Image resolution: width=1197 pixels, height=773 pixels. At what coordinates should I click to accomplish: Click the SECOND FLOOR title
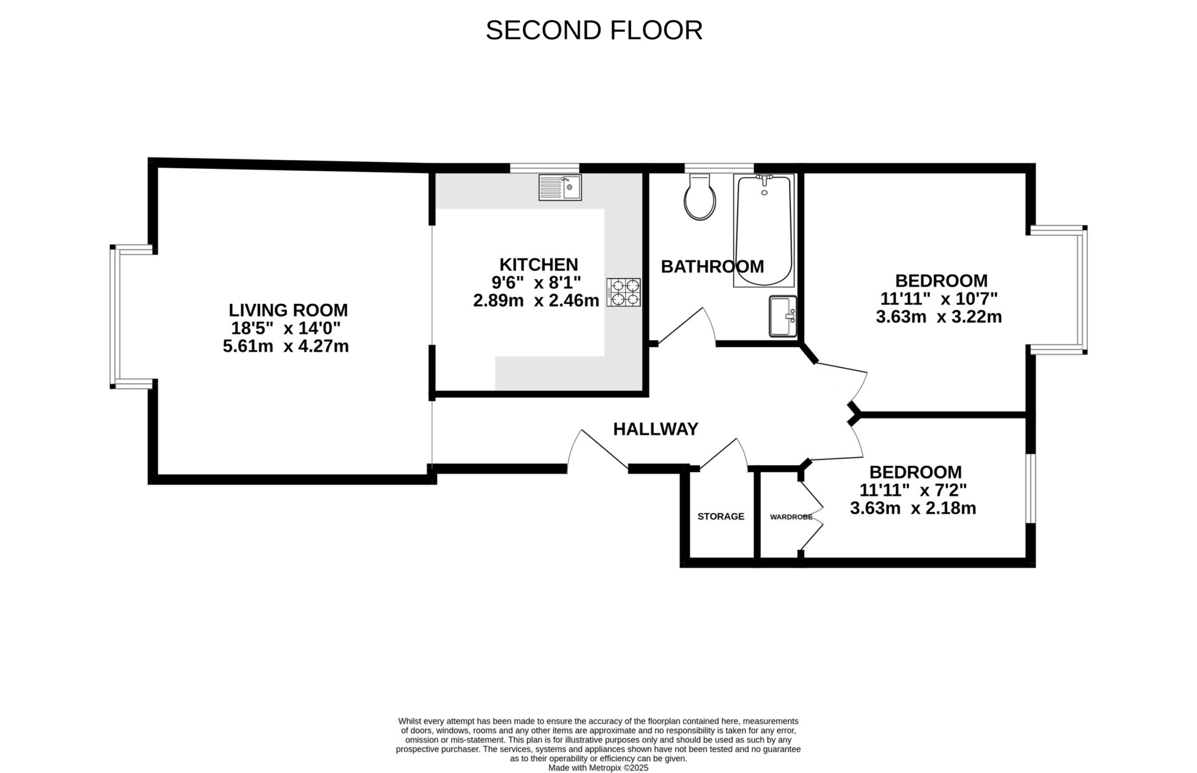594,31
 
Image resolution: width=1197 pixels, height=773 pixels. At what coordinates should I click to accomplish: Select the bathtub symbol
764,230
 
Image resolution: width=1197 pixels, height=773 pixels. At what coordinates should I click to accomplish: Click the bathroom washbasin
782,316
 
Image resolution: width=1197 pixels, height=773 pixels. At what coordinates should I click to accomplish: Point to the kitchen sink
560,187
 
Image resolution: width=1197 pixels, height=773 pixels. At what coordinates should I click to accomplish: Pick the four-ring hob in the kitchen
623,292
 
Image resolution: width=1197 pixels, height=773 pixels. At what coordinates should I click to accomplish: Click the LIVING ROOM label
288,310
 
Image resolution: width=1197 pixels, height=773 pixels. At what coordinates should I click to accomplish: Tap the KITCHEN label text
539,264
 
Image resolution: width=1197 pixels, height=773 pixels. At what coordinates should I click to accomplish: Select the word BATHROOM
712,267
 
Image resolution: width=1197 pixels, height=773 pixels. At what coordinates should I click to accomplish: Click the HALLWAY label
655,429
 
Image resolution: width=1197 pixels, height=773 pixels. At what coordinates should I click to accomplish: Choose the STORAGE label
721,516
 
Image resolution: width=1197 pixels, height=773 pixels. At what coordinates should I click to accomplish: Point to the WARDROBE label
791,517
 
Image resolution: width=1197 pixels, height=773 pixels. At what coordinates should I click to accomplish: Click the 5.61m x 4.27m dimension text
286,346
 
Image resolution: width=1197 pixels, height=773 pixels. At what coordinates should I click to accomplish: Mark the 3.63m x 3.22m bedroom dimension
938,317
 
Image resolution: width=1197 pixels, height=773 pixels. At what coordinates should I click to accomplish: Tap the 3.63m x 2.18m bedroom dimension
913,508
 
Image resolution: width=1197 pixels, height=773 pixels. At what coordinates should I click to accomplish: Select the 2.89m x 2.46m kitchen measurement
536,301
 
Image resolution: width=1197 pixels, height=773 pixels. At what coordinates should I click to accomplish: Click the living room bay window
115,316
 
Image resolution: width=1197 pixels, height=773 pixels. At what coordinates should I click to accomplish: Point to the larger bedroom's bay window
1084,290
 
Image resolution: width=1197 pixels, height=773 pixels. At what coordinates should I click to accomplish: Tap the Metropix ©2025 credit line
598,768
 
